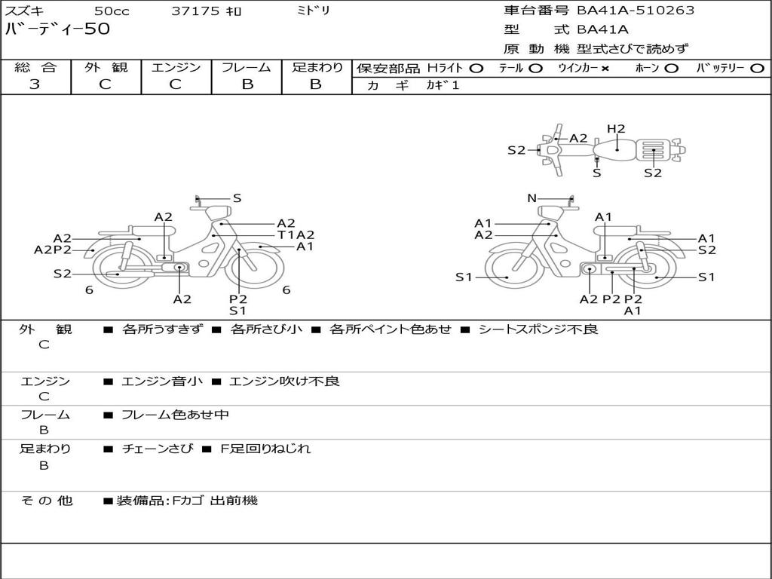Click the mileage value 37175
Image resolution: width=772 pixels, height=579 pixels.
coord(195,11)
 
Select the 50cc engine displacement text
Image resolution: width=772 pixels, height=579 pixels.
coord(111,11)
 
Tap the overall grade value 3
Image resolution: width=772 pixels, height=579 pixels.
coord(35,84)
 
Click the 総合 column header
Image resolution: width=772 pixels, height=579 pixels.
coord(35,68)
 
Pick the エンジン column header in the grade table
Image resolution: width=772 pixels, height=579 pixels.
coord(176,68)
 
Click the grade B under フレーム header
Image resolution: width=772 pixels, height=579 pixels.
coord(247,84)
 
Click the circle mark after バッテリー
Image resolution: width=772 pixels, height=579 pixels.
coord(757,69)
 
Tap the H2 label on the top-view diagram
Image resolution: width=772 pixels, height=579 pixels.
coord(616,129)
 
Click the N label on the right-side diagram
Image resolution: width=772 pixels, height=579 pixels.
coord(532,198)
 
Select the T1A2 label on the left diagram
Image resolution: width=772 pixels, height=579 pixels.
coord(296,234)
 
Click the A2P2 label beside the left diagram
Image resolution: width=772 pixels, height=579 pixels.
coord(53,250)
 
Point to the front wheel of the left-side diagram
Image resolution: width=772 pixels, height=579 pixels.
coord(260,265)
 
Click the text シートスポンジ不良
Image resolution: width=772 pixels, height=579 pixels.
coord(538,329)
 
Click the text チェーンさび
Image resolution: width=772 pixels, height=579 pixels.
coord(156,449)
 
